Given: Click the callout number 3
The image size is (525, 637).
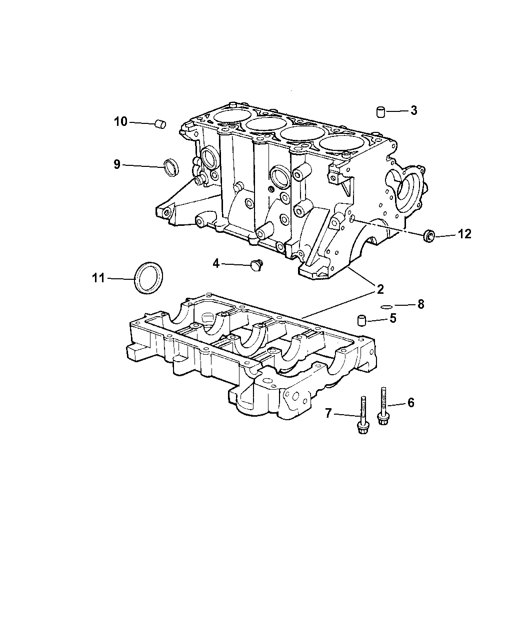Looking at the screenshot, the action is [413, 110].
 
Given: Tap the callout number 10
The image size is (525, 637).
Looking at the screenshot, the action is [120, 121].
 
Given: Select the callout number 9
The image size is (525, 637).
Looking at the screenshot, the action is [117, 165].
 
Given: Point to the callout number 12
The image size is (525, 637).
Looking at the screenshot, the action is [464, 234].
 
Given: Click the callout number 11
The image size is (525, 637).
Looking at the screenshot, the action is [98, 278].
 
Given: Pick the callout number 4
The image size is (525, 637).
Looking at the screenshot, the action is [216, 263].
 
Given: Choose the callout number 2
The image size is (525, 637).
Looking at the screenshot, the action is [380, 289].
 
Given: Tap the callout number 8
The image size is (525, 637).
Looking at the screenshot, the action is [421, 304].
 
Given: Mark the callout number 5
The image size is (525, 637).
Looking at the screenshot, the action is [393, 318].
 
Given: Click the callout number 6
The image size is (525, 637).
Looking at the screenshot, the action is [411, 403].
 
